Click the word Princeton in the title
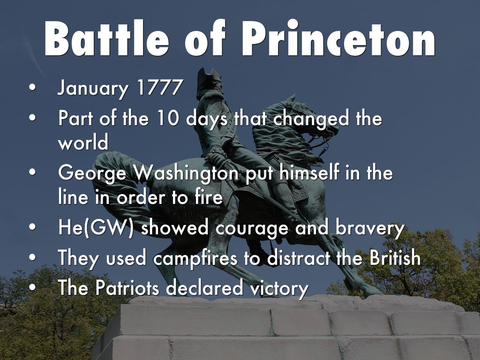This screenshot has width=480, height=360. pyautogui.click(x=339, y=38)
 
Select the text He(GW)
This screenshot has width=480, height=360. pyautogui.click(x=96, y=228)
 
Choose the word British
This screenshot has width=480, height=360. pyautogui.click(x=395, y=257)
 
